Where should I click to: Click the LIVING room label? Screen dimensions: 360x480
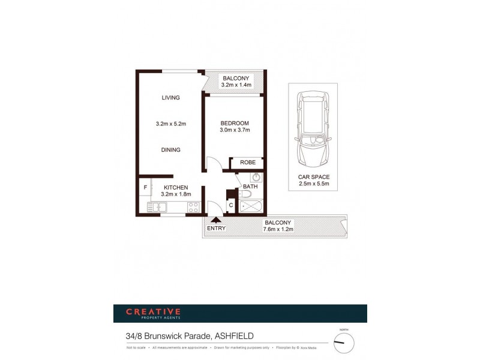[x=170, y=98]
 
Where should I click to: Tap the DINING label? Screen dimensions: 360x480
[x=170, y=150]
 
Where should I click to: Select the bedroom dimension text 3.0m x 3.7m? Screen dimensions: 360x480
[x=234, y=130]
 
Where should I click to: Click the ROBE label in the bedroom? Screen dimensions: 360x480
[x=248, y=163]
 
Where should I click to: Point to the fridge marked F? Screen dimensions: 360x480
[x=145, y=188]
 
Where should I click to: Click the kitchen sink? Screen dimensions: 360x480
[x=158, y=208]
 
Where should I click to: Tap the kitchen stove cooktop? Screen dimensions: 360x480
[x=193, y=208]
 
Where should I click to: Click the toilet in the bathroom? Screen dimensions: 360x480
[x=247, y=194]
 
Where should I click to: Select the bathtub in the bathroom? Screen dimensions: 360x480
[x=251, y=208]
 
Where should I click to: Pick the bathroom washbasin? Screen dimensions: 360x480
[x=256, y=178]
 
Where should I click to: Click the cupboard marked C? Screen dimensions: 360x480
[x=231, y=206]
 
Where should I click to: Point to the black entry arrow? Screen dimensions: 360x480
[x=216, y=220]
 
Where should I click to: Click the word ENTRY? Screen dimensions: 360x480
[x=216, y=229]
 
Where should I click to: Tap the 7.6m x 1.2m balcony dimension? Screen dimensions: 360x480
[x=278, y=229]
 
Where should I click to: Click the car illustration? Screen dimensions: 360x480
[x=313, y=130]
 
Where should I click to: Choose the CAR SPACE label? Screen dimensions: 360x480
[x=314, y=177]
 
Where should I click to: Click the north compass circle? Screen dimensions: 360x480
[x=344, y=343]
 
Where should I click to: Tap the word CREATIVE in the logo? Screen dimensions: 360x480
[x=153, y=311]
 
